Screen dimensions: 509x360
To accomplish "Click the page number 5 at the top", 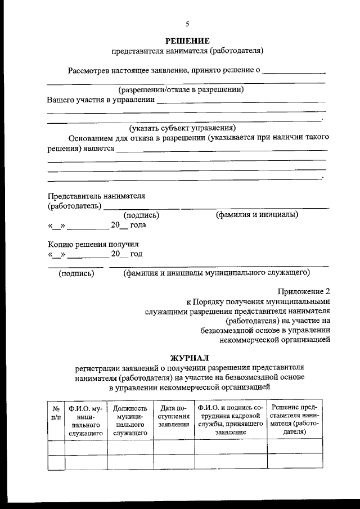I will click(188, 24).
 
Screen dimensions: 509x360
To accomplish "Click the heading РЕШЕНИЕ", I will click(188, 40).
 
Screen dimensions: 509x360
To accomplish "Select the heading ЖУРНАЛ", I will click(189, 358).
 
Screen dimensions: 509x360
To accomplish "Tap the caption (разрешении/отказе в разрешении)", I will click(181, 89).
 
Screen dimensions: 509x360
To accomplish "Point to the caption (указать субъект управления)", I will click(182, 127).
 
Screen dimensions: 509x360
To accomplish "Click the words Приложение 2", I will click(304, 291).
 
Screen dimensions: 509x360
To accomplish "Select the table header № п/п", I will click(56, 413).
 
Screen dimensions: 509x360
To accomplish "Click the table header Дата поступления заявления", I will click(173, 416).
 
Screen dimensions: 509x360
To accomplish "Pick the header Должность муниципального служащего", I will click(129, 420).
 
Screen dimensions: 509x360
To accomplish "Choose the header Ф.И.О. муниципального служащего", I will click(85, 420).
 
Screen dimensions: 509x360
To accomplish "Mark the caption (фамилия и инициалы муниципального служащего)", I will click(217, 273).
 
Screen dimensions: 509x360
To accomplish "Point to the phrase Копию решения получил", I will click(93, 244).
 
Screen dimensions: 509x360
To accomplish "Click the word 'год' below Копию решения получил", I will click(136, 254).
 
